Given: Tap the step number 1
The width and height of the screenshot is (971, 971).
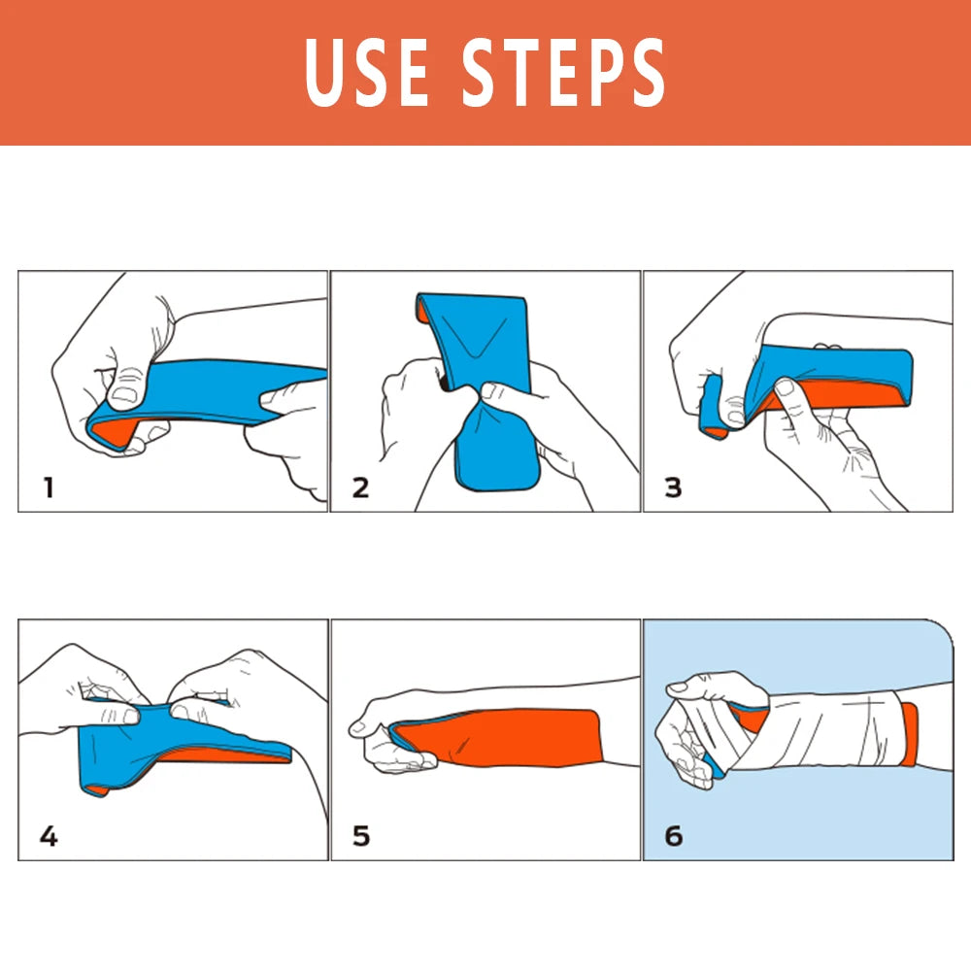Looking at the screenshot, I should click(x=48, y=486).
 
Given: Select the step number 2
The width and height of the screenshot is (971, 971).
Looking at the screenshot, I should click(x=360, y=486).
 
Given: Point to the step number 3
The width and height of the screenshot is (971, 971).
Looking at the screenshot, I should click(x=673, y=486).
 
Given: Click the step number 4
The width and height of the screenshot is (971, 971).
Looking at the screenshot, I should click(x=48, y=834).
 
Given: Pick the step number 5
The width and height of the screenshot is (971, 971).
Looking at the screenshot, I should click(x=360, y=834).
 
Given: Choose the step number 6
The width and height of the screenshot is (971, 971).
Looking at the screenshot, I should click(x=673, y=834).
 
